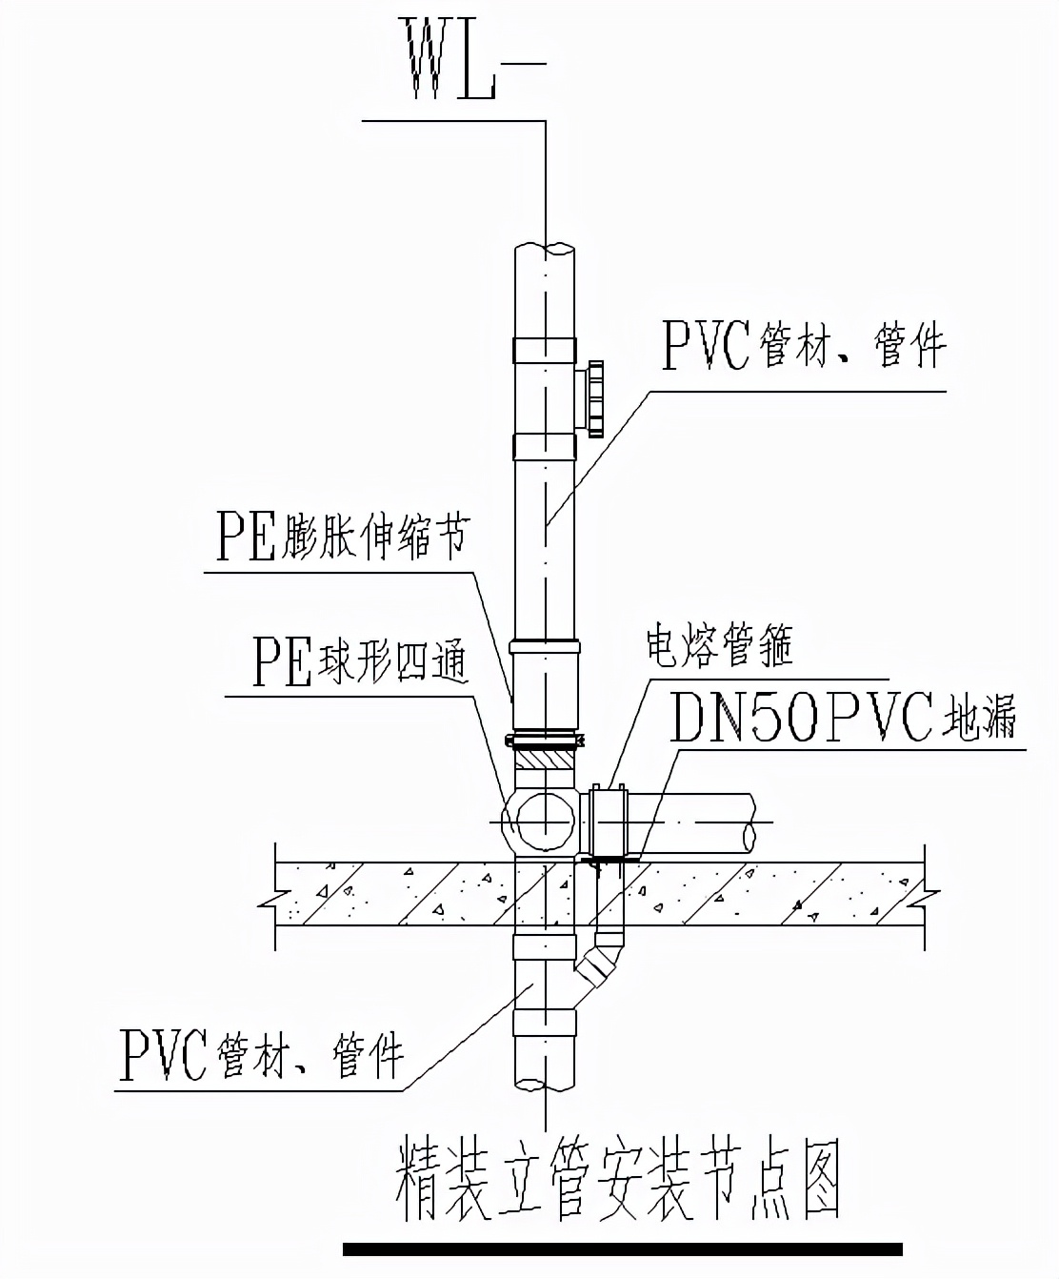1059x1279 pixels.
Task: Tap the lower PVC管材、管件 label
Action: pyautogui.click(x=262, y=1053)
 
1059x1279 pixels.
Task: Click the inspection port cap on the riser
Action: pyautogui.click(x=596, y=398)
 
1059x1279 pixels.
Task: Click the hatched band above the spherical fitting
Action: pyautogui.click(x=546, y=761)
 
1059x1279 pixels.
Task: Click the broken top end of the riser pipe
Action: pyautogui.click(x=545, y=249)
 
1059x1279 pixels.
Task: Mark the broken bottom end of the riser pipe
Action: pyautogui.click(x=545, y=1084)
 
